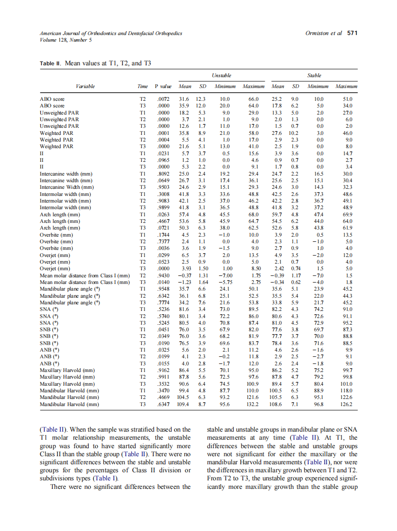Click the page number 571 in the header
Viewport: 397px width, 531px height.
(x=352, y=34)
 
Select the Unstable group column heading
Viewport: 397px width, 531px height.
(x=221, y=75)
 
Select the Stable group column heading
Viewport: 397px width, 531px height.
(x=314, y=75)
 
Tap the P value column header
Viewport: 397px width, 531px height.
(x=162, y=87)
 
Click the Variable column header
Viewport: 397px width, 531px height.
(x=85, y=87)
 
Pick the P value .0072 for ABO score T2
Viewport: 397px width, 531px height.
(x=162, y=99)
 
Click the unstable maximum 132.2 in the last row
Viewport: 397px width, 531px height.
(x=253, y=405)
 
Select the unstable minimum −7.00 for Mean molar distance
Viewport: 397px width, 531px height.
(x=222, y=275)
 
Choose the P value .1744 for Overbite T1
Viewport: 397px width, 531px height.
(x=162, y=235)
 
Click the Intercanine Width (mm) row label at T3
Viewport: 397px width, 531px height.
(x=65, y=187)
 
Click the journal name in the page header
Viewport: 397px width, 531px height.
(x=111, y=34)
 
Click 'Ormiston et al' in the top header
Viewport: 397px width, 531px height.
(x=324, y=34)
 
